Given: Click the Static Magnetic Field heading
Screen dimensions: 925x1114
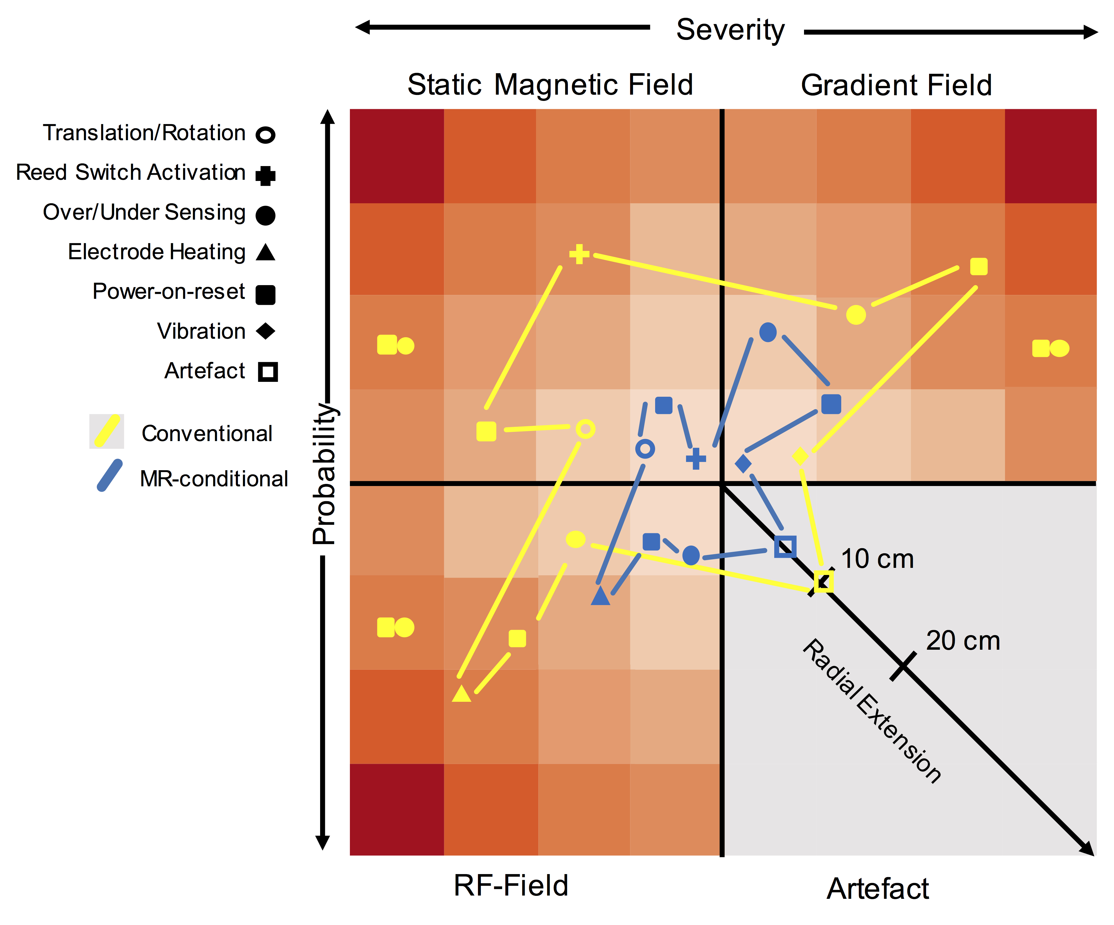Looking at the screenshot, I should [x=550, y=85].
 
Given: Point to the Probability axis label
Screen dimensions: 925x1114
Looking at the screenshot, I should [x=324, y=474].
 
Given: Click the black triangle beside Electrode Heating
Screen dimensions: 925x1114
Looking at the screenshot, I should [x=265, y=253].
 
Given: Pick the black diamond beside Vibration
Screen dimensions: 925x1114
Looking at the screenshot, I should [x=265, y=331].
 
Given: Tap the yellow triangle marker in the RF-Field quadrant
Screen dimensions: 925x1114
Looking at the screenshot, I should [x=462, y=694].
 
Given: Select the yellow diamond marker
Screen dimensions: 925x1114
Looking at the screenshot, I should [x=800, y=456].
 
